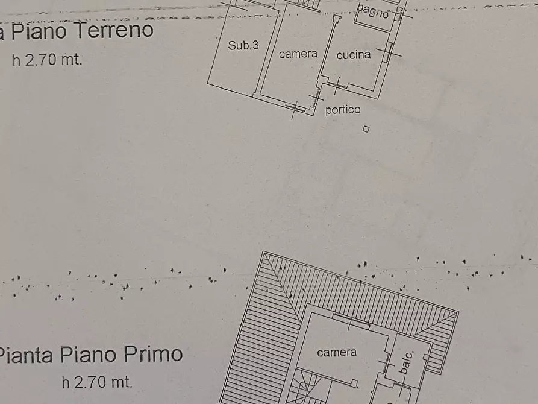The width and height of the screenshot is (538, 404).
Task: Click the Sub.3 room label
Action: click(243, 45)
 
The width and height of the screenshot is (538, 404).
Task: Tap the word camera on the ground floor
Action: click(298, 54)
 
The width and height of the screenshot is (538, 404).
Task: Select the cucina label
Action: click(354, 55)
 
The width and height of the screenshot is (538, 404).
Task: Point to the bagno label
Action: click(373, 10)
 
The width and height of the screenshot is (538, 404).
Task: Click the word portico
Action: click(343, 110)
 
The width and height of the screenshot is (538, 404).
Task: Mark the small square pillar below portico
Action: click(366, 128)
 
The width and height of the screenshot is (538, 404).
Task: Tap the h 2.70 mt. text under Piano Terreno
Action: click(47, 60)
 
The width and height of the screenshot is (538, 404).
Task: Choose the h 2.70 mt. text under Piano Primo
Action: click(96, 382)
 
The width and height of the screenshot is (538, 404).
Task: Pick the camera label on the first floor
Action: click(337, 352)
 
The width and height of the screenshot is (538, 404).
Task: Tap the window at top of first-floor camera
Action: click(351, 322)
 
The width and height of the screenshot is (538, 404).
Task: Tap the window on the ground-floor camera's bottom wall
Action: click(295, 108)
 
